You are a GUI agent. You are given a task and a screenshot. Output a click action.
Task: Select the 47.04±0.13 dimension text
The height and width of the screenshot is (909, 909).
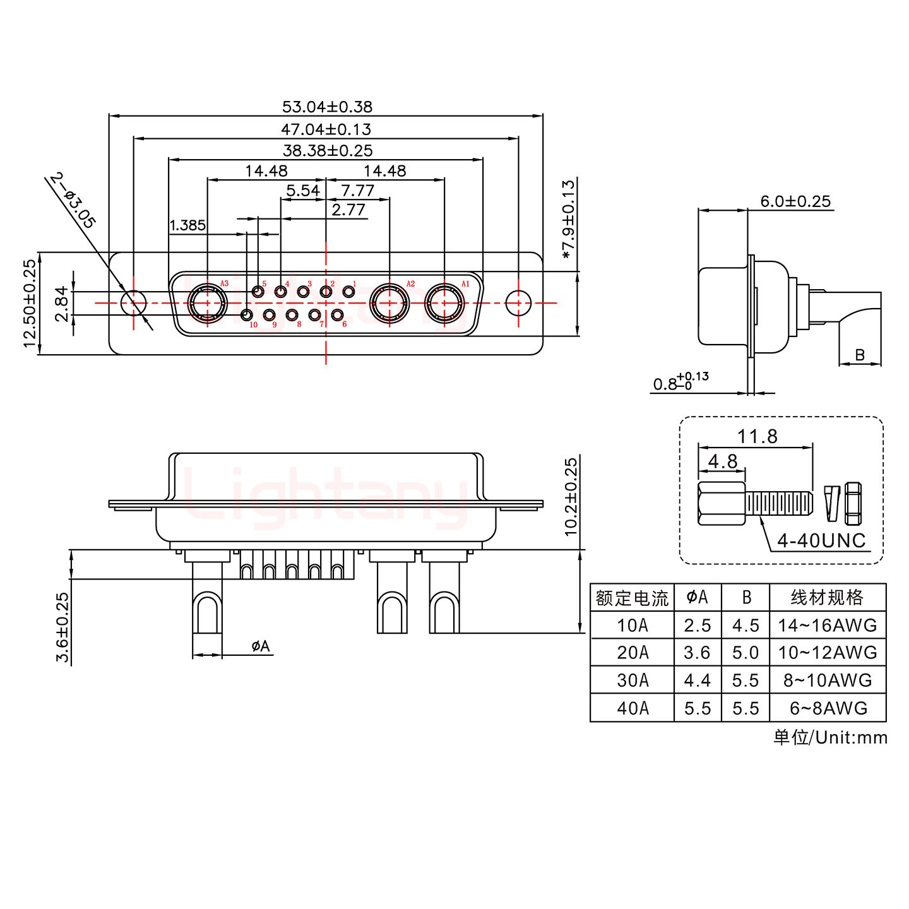click(326, 129)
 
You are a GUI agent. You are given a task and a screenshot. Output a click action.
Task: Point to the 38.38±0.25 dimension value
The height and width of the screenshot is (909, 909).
click(327, 151)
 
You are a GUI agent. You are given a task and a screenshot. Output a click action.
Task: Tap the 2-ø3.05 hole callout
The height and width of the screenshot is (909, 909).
click(73, 201)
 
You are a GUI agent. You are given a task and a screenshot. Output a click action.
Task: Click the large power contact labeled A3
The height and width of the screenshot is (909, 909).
click(208, 303)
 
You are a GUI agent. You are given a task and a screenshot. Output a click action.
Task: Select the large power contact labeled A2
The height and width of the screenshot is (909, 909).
click(389, 303)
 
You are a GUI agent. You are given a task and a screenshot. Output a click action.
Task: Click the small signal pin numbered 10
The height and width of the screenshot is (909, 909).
click(247, 315)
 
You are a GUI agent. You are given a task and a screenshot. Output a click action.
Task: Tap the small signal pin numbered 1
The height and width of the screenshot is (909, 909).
click(348, 292)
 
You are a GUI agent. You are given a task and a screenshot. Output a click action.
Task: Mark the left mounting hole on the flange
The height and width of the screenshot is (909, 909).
click(133, 303)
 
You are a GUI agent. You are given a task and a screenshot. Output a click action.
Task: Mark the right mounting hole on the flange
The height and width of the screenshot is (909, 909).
click(518, 303)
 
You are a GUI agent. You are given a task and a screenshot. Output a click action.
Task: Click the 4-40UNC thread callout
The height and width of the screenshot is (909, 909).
click(821, 540)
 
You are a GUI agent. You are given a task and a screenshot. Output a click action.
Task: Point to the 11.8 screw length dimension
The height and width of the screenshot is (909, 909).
click(757, 436)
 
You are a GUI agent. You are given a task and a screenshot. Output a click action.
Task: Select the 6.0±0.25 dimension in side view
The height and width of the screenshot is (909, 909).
click(795, 201)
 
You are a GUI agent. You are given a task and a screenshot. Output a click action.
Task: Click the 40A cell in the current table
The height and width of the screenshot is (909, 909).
click(633, 708)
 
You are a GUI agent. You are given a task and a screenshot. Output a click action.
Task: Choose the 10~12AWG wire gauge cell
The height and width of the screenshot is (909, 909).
click(827, 653)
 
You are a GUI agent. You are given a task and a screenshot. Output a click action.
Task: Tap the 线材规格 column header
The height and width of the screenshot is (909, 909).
click(827, 597)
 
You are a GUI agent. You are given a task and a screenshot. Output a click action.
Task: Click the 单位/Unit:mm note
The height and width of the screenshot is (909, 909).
click(830, 737)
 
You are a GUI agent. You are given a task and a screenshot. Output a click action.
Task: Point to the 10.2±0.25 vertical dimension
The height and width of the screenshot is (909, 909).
click(571, 497)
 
